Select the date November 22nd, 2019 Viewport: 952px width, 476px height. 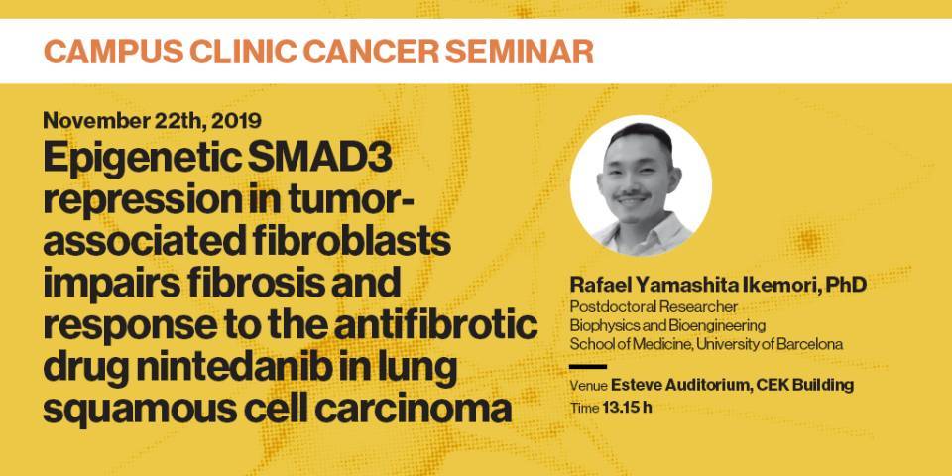(x=153, y=121)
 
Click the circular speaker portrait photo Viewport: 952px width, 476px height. (x=641, y=185)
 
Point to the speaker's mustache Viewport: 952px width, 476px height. (x=633, y=196)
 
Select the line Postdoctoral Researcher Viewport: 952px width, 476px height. (x=654, y=307)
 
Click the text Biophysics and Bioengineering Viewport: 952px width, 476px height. (x=667, y=325)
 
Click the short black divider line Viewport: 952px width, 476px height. (x=588, y=367)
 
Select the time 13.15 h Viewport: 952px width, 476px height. (x=627, y=407)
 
